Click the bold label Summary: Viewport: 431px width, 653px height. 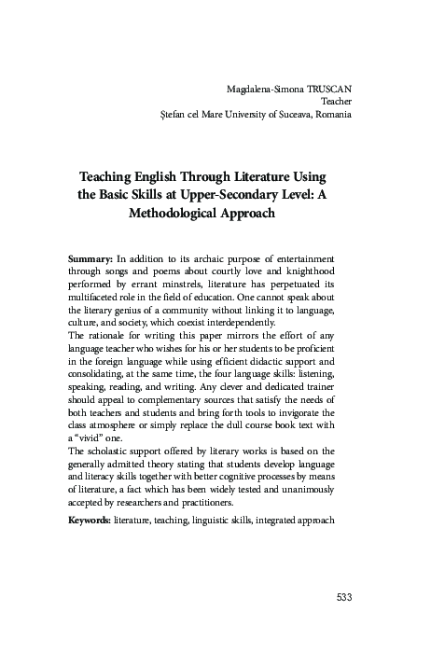click(x=90, y=256)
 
